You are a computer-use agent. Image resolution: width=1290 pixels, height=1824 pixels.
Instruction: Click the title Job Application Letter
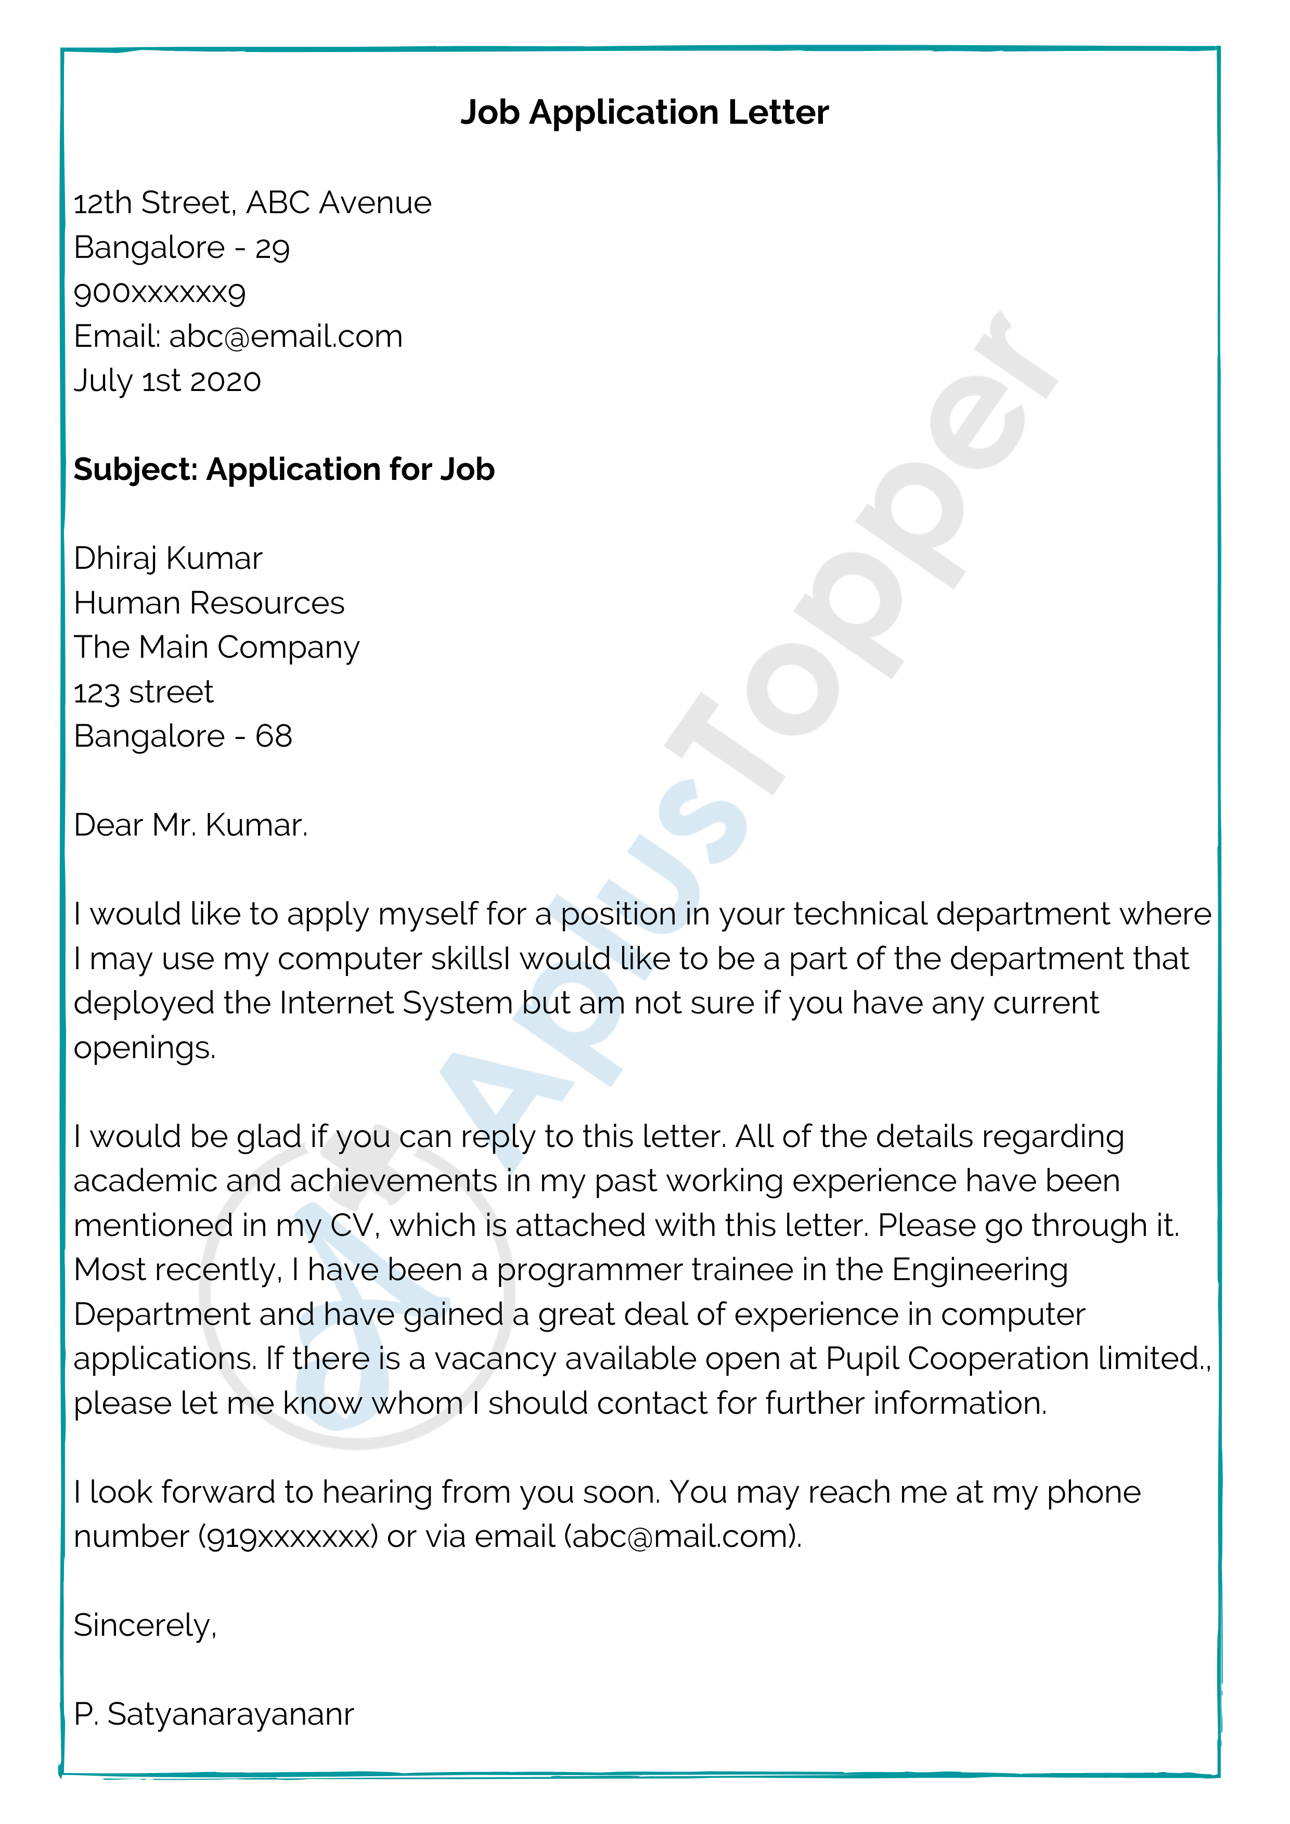coord(644,113)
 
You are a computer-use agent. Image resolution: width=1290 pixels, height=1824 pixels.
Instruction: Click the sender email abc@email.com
coord(286,337)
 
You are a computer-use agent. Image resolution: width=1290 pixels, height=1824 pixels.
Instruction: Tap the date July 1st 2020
coord(167,381)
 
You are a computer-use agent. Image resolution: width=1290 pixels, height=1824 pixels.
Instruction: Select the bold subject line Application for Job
coord(351,470)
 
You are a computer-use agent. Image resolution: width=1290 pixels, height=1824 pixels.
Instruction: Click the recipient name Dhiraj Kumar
coord(167,558)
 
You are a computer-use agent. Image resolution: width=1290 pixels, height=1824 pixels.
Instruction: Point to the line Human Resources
coord(209,603)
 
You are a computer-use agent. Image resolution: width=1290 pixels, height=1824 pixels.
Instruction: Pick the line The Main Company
coord(216,647)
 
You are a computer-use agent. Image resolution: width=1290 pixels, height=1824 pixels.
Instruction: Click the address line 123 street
coord(143,692)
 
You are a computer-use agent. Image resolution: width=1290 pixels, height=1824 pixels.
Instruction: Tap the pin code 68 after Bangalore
coord(274,736)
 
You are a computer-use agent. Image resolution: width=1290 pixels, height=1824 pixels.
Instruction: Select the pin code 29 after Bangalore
coord(272,249)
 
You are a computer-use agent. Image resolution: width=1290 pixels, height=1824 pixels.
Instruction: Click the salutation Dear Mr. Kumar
coord(190,825)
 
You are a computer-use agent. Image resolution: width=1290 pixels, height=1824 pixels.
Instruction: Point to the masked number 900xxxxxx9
coord(160,292)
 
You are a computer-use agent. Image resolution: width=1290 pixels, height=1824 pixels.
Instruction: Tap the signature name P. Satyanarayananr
coord(214,1714)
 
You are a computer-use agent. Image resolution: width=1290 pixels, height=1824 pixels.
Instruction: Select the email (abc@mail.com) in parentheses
coord(682,1536)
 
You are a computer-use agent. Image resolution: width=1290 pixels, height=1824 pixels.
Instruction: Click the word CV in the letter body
coord(351,1226)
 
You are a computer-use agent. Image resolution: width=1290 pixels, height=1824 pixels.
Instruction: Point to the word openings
coord(144,1048)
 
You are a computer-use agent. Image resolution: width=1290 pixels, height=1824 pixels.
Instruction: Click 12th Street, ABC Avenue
coord(252,203)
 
